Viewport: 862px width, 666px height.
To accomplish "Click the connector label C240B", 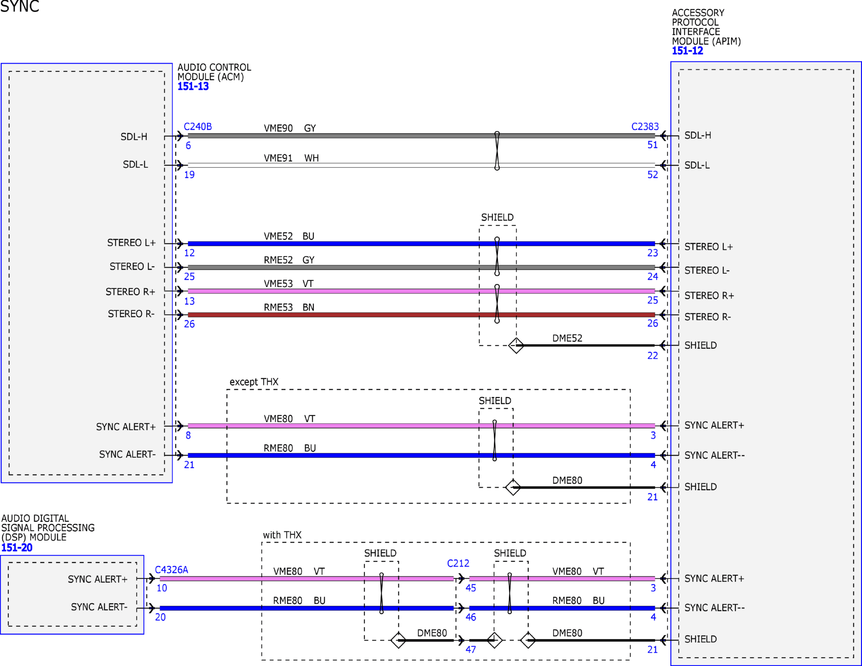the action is point(198,127).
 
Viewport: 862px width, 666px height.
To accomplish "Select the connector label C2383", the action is point(645,127).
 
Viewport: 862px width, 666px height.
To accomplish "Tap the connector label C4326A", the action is point(172,570).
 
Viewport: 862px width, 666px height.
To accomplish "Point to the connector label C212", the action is point(458,563).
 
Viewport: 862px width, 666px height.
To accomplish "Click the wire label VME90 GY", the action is point(290,128).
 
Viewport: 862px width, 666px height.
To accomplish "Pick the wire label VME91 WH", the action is point(291,158).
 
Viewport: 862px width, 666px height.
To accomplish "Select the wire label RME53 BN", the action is point(289,307).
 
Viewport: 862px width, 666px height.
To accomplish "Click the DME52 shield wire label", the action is point(567,338).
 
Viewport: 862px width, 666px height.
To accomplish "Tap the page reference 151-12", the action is point(688,51).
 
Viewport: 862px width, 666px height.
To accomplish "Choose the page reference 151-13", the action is point(193,87).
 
